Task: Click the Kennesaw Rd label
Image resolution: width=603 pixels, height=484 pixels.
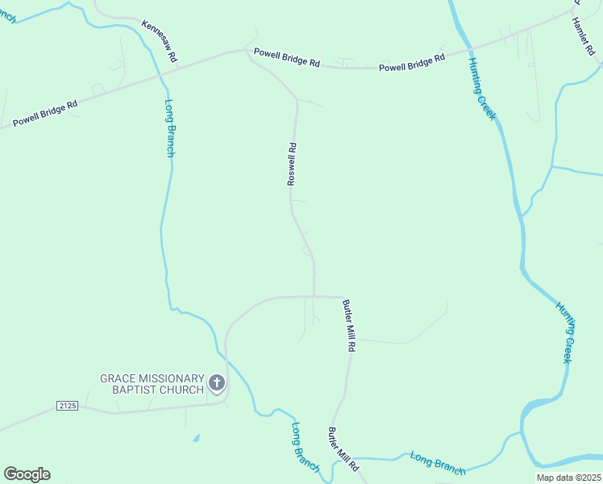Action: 160,43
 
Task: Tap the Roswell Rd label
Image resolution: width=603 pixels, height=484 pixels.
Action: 293,164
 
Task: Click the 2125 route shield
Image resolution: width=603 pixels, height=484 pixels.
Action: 68,406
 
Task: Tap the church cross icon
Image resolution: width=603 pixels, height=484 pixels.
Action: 216,382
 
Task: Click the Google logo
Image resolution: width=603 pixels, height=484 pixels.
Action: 27,474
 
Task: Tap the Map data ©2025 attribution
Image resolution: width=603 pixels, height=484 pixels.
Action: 568,478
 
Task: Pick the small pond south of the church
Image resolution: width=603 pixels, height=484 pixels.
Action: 197,439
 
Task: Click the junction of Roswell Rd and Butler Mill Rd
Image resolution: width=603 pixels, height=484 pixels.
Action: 314,296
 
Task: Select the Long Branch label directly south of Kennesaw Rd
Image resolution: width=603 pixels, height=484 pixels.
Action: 169,127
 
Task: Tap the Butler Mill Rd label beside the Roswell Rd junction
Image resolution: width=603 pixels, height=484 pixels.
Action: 349,325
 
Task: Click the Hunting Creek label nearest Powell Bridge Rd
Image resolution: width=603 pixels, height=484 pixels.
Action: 482,90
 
